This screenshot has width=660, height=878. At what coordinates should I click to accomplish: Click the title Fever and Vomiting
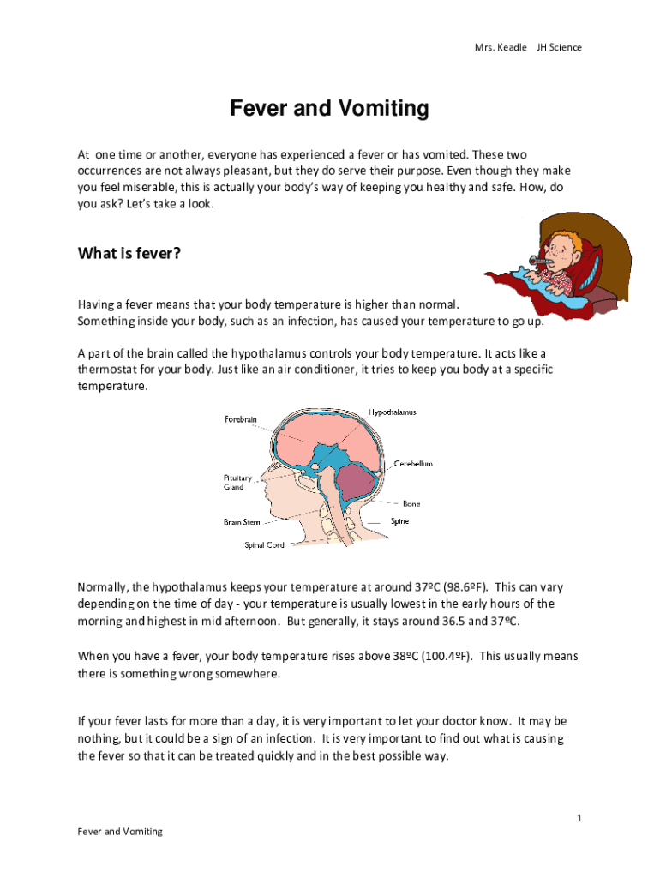coord(329,109)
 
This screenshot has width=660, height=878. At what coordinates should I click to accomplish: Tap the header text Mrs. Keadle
coord(501,47)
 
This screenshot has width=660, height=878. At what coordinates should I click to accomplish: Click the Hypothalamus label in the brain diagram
coord(392,412)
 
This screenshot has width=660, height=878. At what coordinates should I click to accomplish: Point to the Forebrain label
coord(240,419)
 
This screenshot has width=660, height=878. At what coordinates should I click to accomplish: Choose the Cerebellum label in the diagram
coord(413,464)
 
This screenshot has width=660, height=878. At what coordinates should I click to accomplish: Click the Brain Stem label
coord(242,521)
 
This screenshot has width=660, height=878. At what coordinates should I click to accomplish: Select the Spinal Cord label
coord(265,545)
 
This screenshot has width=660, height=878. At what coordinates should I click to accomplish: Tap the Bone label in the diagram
coord(411,504)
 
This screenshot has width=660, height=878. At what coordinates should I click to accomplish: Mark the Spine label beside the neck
coord(400,521)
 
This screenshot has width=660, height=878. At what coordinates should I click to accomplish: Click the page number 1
coord(579,819)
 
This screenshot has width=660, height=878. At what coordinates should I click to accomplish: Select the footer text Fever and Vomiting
coord(120,832)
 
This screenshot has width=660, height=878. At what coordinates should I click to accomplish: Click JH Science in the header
coord(559,47)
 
